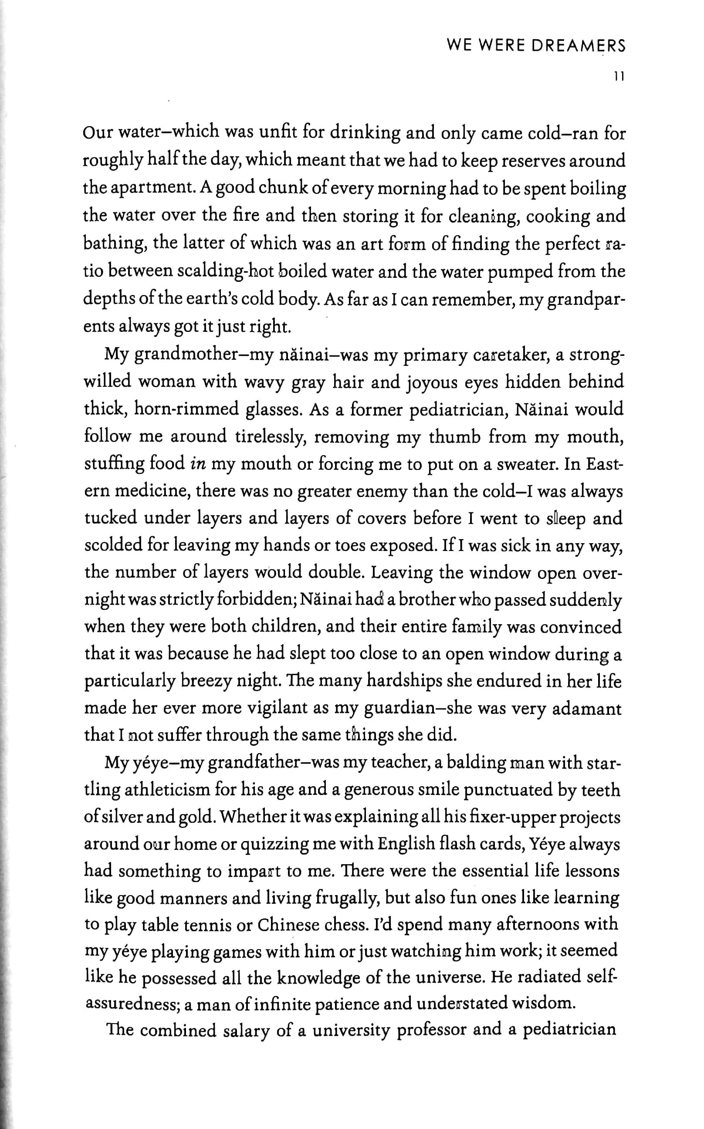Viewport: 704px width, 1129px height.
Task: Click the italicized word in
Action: [x=198, y=464]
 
